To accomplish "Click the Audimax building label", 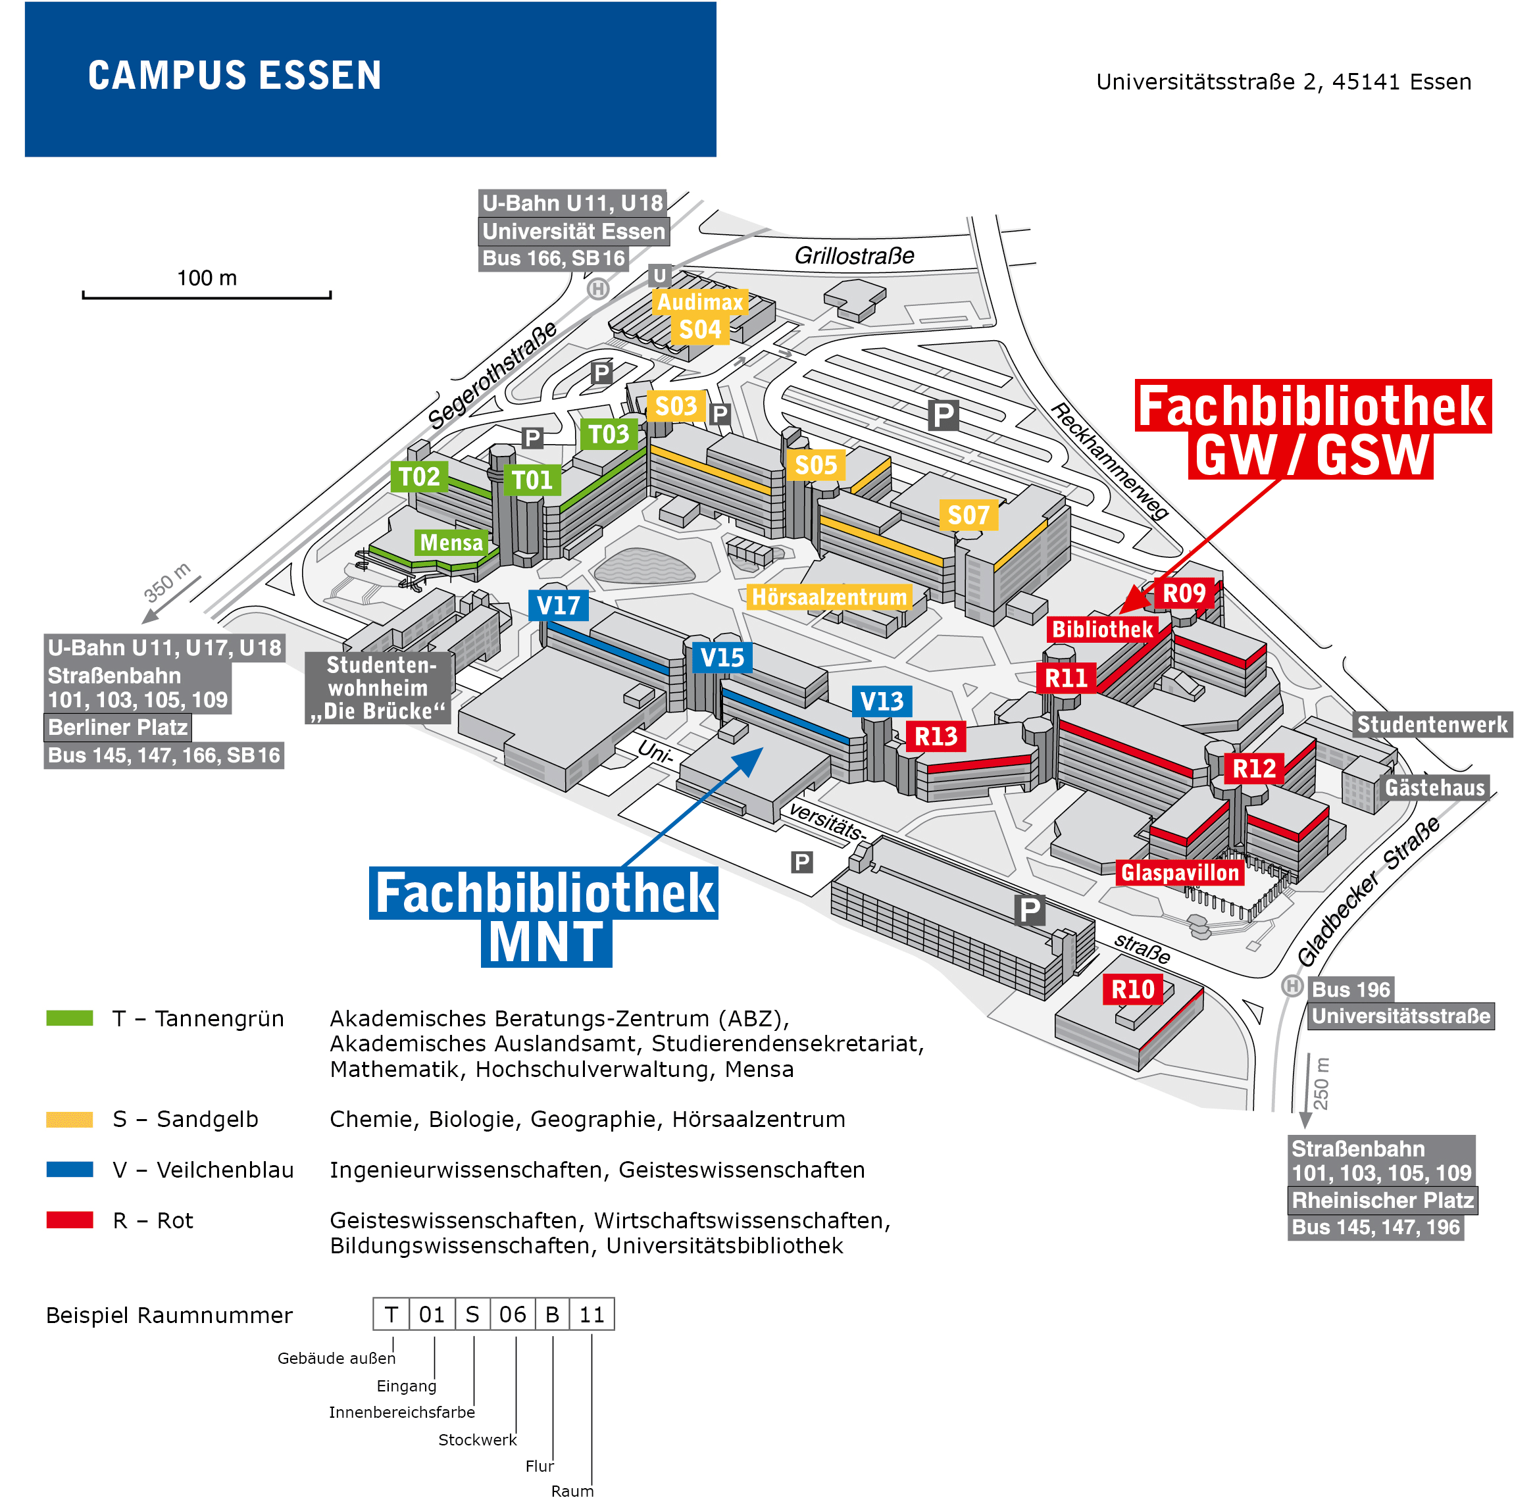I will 700,302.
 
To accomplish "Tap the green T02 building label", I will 419,476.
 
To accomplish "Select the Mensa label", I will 451,542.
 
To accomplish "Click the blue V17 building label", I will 558,605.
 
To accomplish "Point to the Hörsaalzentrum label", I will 829,596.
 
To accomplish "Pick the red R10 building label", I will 1132,989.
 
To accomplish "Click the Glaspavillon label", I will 1180,872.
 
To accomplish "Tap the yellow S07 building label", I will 968,515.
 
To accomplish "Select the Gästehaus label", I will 1434,787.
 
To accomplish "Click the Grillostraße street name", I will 854,255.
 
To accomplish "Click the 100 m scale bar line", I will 207,297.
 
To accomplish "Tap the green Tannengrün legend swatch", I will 69,1018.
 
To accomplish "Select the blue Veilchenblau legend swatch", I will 69,1169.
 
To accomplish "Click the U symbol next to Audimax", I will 659,275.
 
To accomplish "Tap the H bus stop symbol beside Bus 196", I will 1292,986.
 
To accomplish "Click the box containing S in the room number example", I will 472,1314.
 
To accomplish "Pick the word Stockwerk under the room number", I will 477,1439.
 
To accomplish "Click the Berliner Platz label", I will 117,726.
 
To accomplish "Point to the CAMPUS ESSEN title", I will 234,76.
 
